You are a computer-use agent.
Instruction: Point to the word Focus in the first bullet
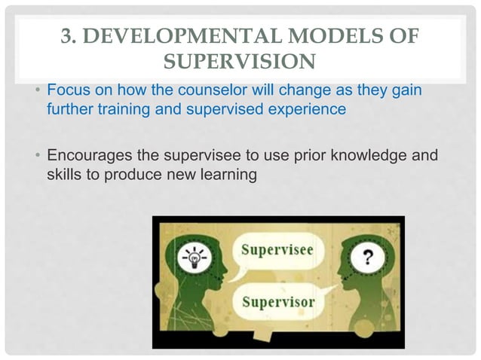(x=65, y=92)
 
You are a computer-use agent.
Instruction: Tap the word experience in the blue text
(x=308, y=109)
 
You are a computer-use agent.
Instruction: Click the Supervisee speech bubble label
(x=278, y=252)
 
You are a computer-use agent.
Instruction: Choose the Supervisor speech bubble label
(x=278, y=303)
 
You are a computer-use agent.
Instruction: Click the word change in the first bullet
(x=270, y=92)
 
